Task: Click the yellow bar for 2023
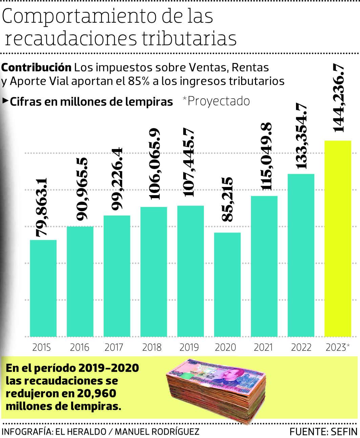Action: [338, 238]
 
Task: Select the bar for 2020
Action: [227, 285]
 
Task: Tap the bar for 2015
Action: [43, 288]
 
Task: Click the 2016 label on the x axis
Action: [80, 347]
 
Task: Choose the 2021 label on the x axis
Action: [263, 347]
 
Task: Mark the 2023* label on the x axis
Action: [337, 347]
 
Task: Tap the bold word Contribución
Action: [36, 67]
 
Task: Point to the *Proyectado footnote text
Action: [216, 101]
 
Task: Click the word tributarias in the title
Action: [189, 38]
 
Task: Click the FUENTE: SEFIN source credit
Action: [323, 432]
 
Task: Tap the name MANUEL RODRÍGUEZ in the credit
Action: [157, 432]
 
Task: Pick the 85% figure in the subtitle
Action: [138, 81]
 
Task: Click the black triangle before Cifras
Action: [5, 101]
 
